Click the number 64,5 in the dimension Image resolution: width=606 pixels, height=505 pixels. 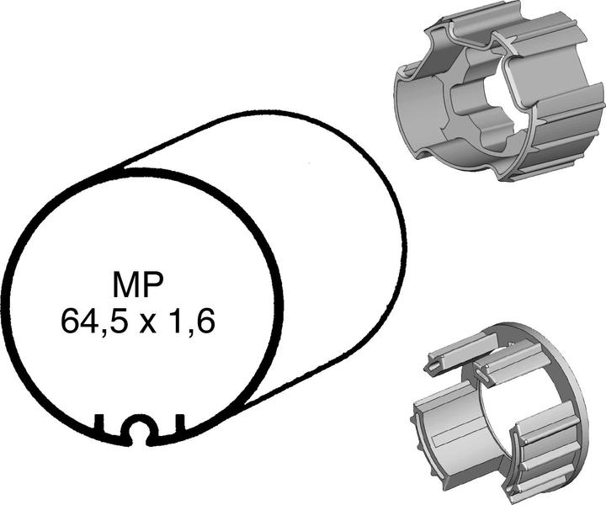(x=91, y=321)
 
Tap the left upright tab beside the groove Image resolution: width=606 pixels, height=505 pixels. (x=100, y=426)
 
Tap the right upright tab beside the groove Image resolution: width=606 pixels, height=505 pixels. (x=179, y=426)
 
